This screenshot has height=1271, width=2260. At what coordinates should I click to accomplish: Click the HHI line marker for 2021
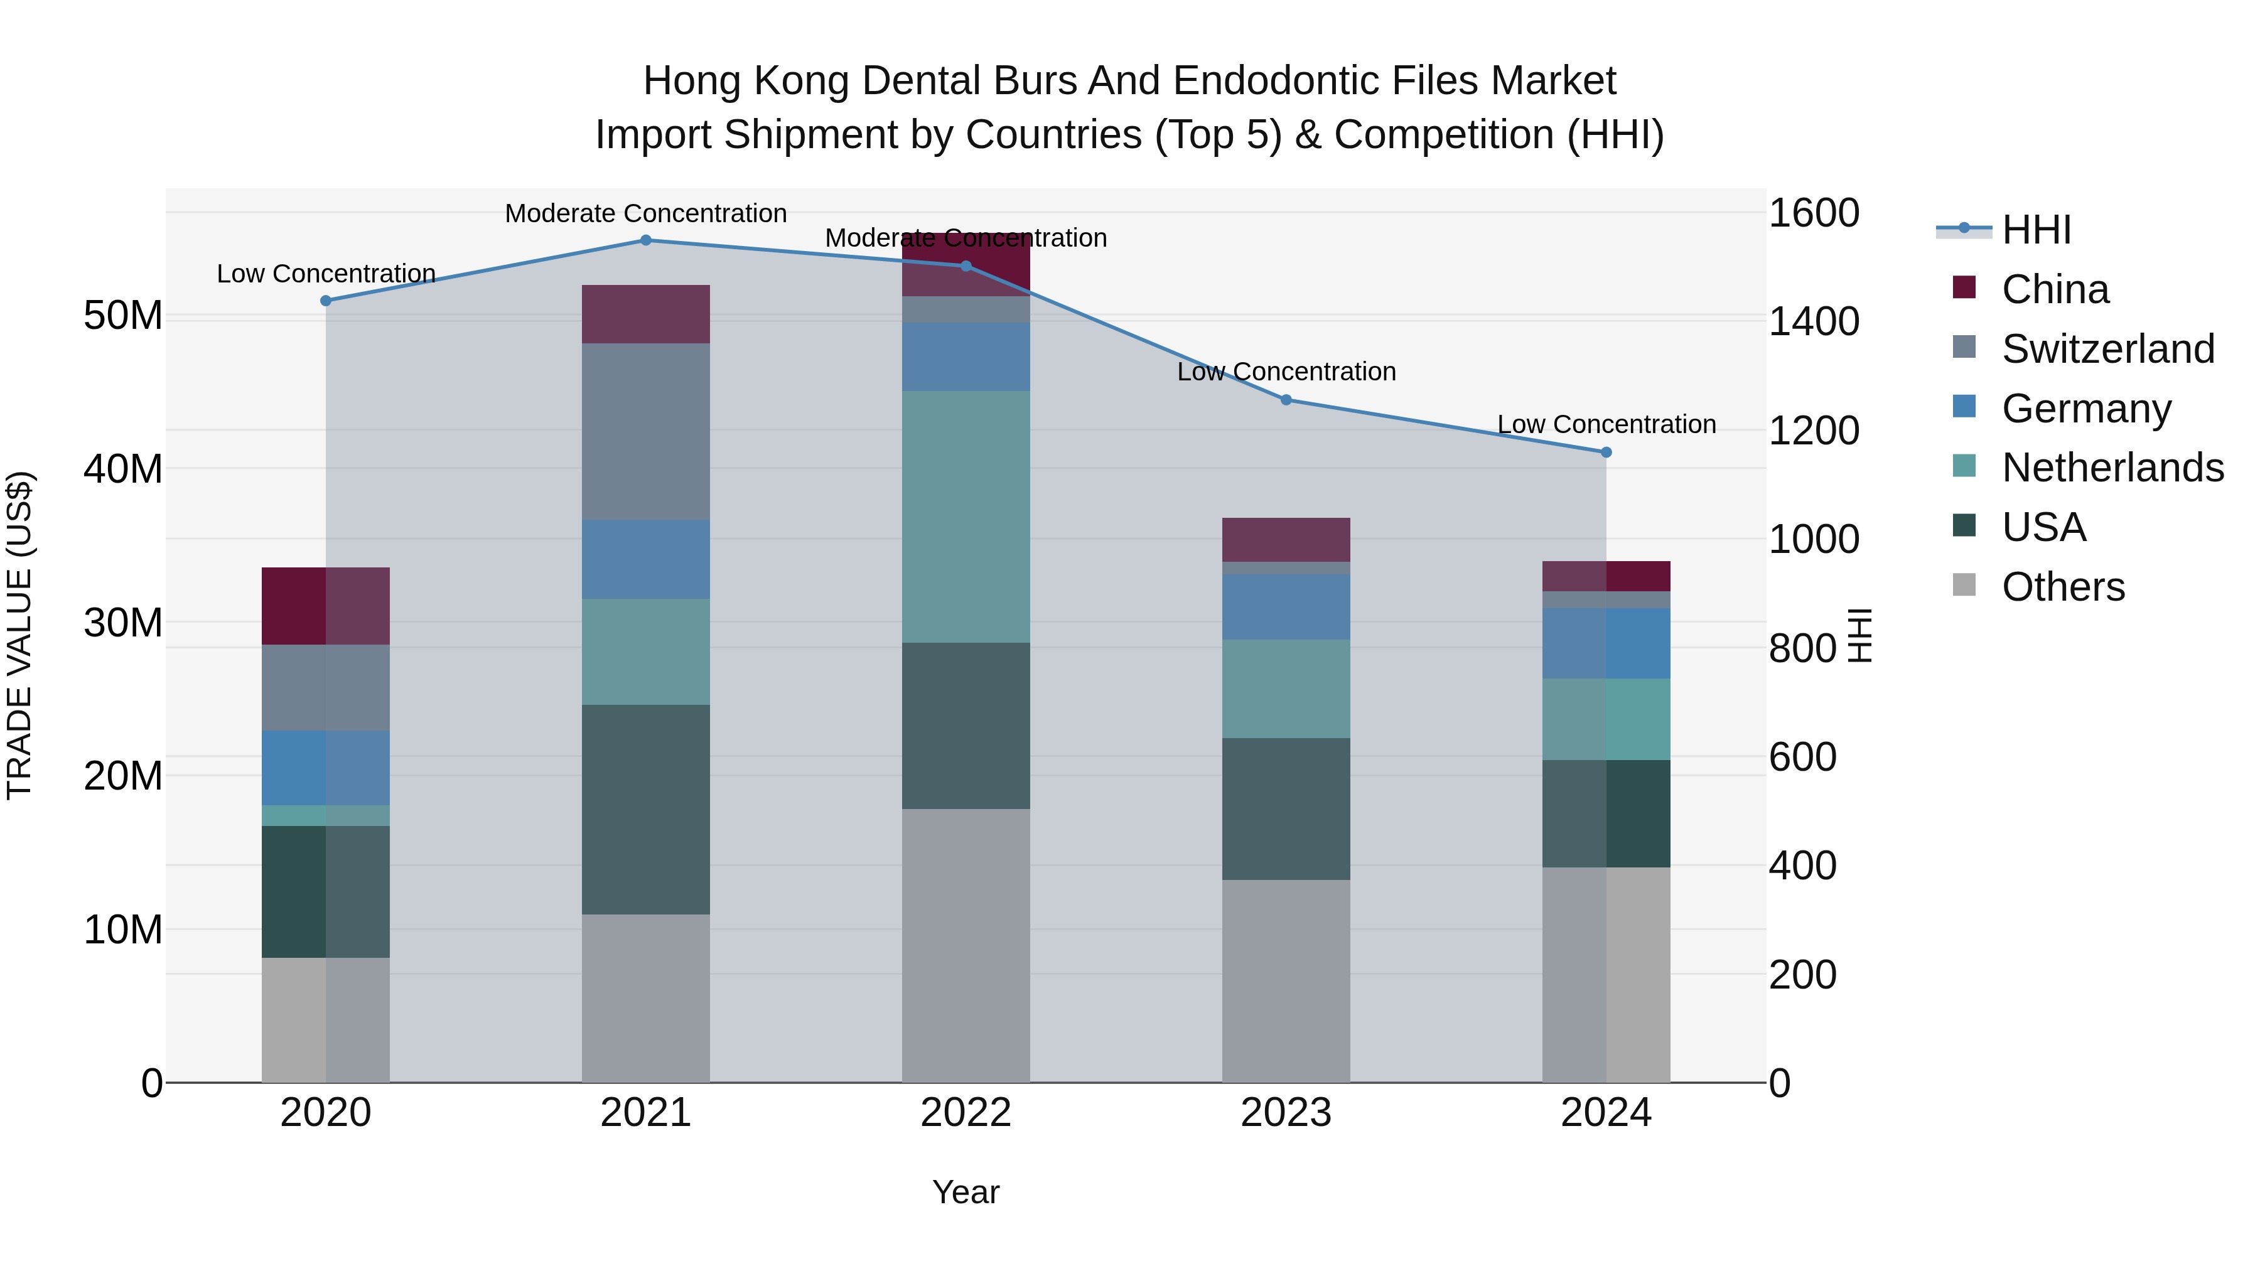point(646,240)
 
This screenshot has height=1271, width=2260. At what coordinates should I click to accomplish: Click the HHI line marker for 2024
point(1606,453)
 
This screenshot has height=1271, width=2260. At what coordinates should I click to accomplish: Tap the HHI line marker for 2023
point(1286,400)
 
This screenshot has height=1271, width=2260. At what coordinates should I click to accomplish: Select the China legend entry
point(2055,289)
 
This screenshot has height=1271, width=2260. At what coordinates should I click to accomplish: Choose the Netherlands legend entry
point(2112,468)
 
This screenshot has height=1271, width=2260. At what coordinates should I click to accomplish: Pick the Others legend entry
point(2063,587)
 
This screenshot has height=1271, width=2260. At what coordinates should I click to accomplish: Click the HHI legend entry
point(2035,230)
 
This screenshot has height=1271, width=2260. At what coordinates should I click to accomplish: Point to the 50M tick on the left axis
point(123,316)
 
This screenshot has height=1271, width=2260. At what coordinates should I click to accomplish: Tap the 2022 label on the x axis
point(966,1113)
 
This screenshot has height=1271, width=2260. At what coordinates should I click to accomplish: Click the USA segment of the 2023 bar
point(1286,809)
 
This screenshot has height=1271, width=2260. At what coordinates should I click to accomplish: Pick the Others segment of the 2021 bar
point(646,998)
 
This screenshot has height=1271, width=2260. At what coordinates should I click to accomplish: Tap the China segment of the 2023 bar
point(1286,539)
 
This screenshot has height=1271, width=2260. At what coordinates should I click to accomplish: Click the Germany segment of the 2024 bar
point(1606,643)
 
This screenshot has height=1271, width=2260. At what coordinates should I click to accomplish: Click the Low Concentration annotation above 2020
point(326,274)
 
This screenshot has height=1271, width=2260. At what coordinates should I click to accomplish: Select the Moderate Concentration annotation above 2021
point(646,213)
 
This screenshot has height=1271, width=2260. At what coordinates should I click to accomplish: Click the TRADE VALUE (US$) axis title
point(19,635)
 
